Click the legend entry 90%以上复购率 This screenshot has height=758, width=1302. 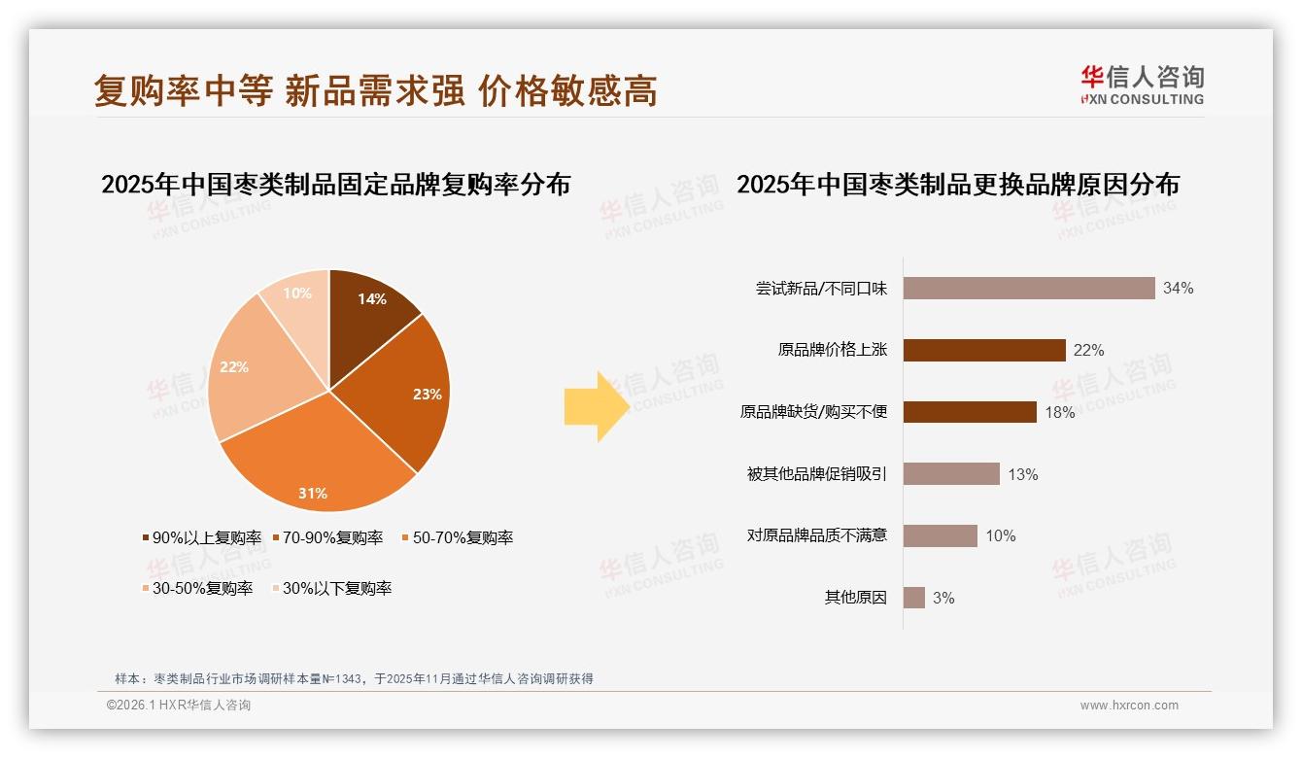point(202,537)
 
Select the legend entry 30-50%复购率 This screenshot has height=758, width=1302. point(197,588)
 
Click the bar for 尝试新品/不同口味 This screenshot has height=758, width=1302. point(1028,288)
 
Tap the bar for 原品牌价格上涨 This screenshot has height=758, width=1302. point(983,350)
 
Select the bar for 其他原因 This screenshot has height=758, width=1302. point(913,598)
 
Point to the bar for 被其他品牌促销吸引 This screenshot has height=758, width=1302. point(950,474)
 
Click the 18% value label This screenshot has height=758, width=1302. point(1060,412)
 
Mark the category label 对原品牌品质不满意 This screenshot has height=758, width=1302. point(816,535)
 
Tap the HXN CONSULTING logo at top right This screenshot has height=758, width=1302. point(1142,86)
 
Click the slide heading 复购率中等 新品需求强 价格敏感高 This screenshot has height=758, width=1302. point(375,90)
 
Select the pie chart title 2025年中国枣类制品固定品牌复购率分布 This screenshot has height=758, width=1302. point(335,184)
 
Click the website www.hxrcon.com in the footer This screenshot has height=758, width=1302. point(1129,706)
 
